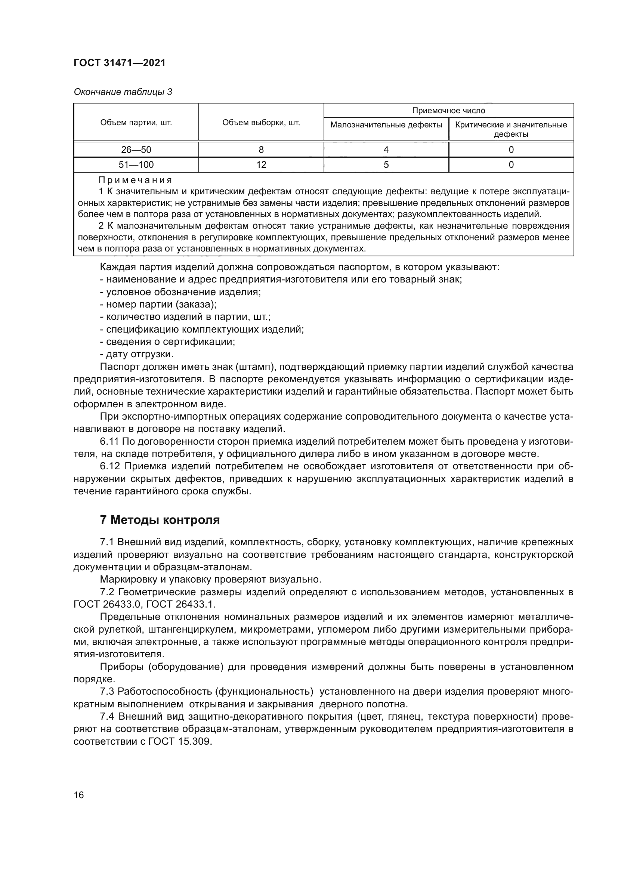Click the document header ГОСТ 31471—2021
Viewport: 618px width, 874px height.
click(120, 63)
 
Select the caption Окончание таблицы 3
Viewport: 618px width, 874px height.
click(123, 92)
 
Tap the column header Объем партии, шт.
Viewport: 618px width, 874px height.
click(136, 123)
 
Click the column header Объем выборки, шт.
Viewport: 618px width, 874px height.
click(261, 123)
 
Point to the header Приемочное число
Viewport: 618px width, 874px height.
click(449, 110)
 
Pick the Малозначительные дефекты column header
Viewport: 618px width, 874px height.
click(386, 125)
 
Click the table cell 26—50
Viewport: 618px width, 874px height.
click(136, 149)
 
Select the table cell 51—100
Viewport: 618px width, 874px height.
click(136, 164)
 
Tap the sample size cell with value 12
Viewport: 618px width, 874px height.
click(261, 164)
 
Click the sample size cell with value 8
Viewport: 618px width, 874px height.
click(261, 149)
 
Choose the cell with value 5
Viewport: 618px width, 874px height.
click(386, 164)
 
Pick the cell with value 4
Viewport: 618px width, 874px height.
click(386, 149)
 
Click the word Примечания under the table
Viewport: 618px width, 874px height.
click(135, 180)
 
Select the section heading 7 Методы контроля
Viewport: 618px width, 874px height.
click(160, 520)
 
